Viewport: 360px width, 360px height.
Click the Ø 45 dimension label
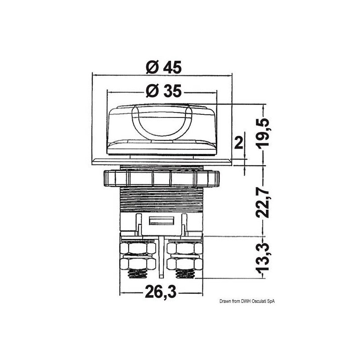(163, 67)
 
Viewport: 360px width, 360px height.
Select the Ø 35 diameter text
(163, 91)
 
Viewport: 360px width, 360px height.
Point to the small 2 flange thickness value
(239, 143)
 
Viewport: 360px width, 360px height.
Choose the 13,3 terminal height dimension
(265, 256)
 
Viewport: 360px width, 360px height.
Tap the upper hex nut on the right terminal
(184, 248)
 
